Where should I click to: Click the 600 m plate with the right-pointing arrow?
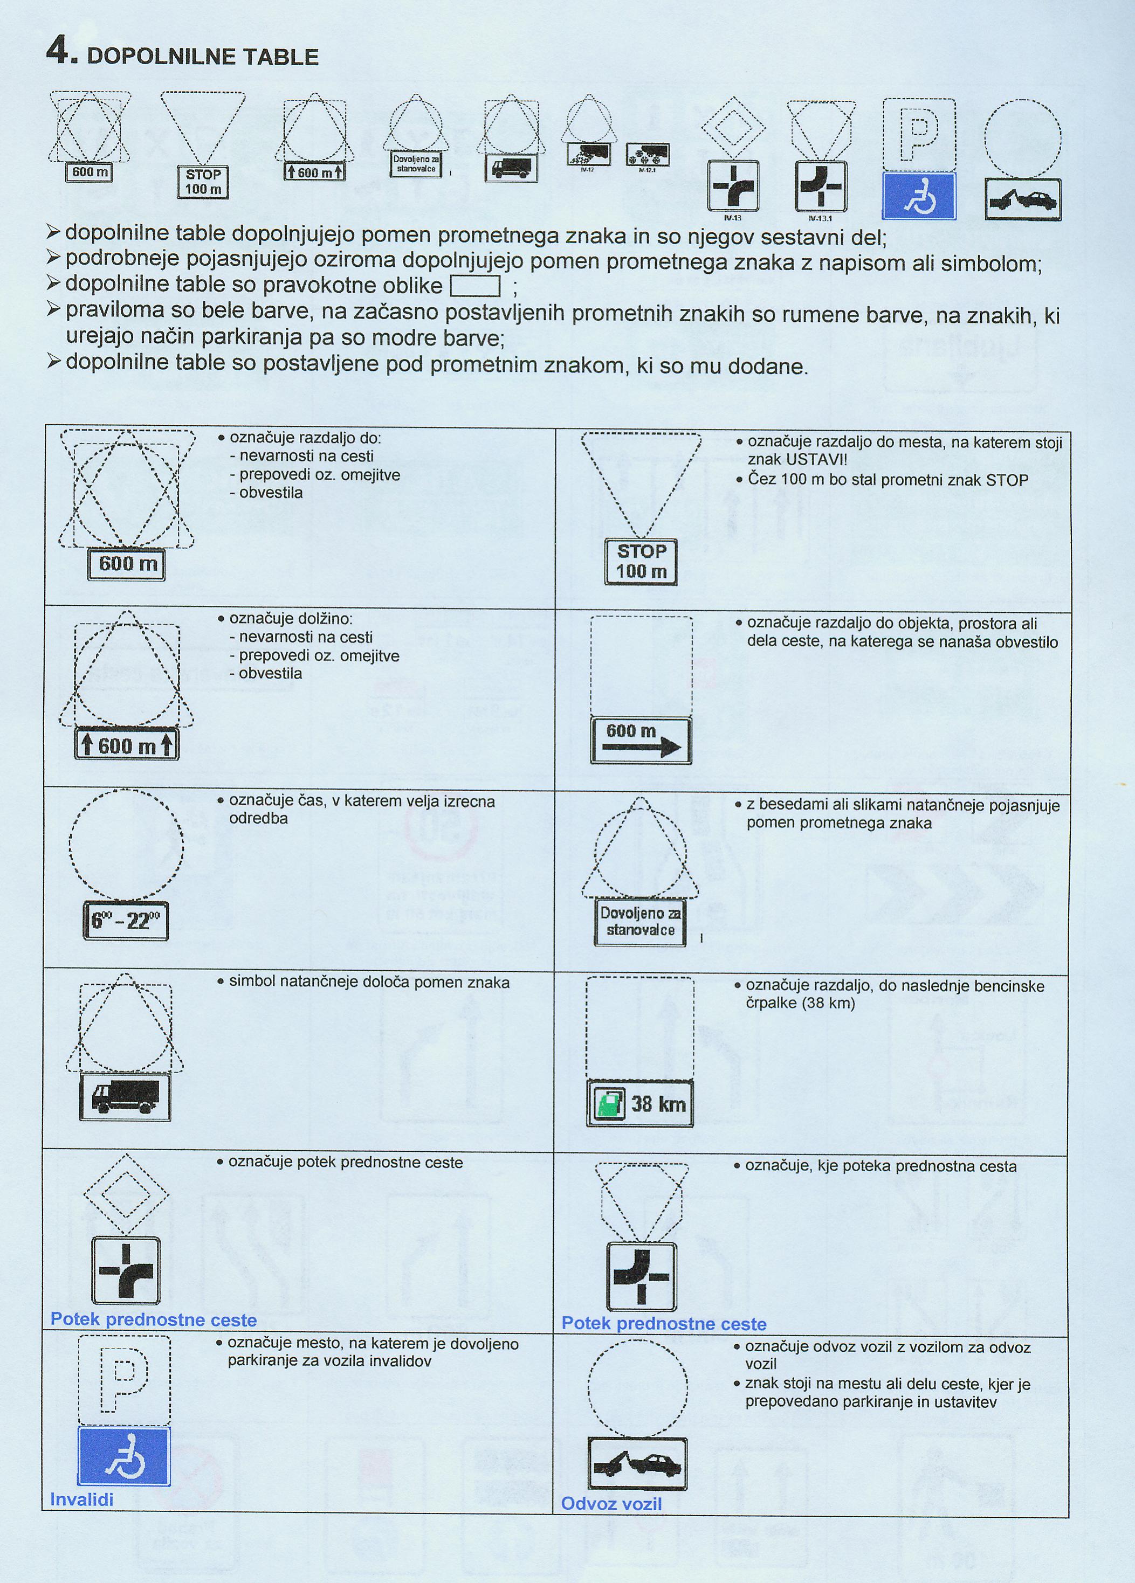click(x=641, y=740)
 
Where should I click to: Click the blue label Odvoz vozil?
click(x=611, y=1503)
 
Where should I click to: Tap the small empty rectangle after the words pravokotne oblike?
click(x=476, y=286)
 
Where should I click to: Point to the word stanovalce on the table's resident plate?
click(x=640, y=930)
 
